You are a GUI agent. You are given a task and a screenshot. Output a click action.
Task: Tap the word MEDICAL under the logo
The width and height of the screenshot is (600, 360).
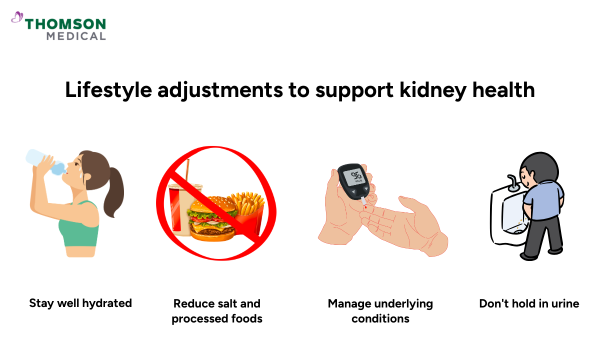(76, 36)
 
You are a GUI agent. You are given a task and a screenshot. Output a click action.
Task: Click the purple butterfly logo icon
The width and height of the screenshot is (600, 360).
(16, 18)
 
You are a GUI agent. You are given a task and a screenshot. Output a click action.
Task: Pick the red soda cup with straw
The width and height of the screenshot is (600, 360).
(177, 205)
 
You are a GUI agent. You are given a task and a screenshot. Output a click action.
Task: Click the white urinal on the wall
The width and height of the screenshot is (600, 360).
(505, 220)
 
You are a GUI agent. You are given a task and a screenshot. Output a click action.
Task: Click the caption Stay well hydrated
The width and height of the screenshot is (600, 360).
(80, 303)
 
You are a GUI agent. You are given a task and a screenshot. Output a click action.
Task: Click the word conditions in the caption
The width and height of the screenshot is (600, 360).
(380, 318)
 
